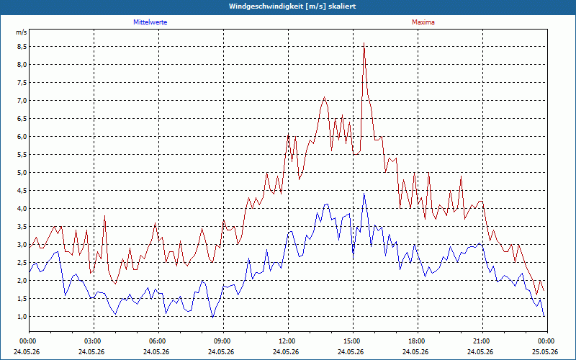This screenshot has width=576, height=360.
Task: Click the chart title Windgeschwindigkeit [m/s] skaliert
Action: click(x=292, y=6)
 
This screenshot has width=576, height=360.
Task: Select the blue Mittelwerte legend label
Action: click(x=150, y=22)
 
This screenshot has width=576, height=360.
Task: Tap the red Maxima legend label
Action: click(x=423, y=22)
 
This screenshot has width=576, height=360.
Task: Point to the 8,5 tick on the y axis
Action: click(x=22, y=46)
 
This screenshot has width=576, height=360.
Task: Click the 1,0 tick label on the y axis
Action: click(x=22, y=316)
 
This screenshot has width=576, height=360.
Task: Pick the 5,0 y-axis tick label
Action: click(x=22, y=172)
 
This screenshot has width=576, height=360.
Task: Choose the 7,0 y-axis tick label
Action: click(x=22, y=100)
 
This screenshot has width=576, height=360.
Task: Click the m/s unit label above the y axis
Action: click(x=22, y=32)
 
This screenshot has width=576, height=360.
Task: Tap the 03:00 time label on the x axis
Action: click(x=94, y=341)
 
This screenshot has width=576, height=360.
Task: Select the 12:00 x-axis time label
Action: click(x=288, y=341)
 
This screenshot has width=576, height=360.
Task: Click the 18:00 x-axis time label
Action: click(x=418, y=341)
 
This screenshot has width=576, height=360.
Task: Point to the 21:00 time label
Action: click(x=482, y=341)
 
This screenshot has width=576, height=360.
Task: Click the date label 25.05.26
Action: click(x=545, y=351)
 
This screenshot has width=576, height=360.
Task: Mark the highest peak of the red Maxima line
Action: click(x=364, y=43)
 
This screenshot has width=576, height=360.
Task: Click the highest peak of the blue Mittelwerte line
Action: click(x=364, y=193)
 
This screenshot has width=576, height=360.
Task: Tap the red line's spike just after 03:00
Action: click(x=104, y=215)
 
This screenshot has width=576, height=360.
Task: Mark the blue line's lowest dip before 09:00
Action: click(x=212, y=318)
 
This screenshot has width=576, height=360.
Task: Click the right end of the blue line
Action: click(x=544, y=316)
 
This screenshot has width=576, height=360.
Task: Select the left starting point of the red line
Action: click(x=30, y=248)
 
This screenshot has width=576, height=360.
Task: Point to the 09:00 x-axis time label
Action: click(x=223, y=341)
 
